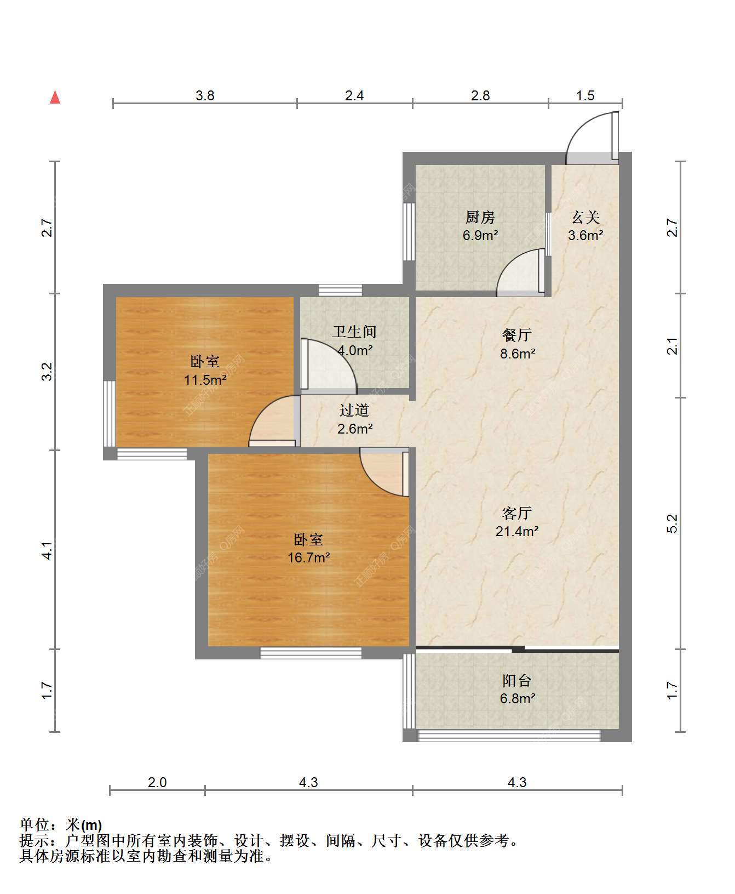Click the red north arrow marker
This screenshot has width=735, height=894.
[x=55, y=97]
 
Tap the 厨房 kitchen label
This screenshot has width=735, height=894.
[x=480, y=218]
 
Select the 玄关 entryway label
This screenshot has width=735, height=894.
[x=585, y=218]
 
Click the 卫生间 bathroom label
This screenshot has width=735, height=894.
[x=354, y=332]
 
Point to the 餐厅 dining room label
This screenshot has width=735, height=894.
[x=517, y=335]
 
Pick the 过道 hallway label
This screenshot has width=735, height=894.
[x=354, y=410]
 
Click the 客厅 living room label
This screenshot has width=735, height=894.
[x=517, y=513]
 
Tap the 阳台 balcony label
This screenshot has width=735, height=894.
[x=517, y=680]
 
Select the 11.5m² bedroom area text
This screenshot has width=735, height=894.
[x=205, y=379]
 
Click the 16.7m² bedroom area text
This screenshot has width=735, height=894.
[x=309, y=557]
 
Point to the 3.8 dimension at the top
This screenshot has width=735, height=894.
[x=205, y=95]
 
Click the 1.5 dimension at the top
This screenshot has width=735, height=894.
[x=585, y=95]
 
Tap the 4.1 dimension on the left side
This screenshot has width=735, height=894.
[x=48, y=550]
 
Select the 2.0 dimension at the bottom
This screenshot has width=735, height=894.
[x=157, y=782]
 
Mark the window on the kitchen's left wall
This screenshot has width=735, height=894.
[x=408, y=232]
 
